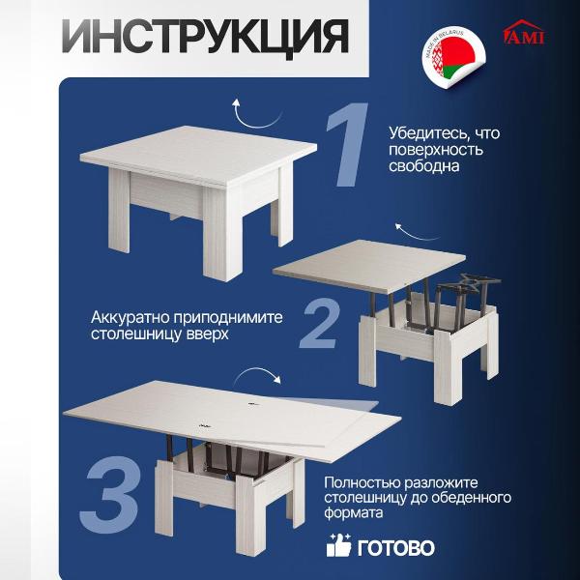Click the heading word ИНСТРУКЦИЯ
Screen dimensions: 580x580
(x=206, y=37)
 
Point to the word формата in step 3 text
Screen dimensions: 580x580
(x=353, y=515)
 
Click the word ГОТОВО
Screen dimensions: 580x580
(x=394, y=548)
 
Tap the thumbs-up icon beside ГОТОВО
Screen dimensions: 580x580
(x=339, y=545)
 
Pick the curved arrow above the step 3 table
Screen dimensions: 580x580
(x=261, y=376)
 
